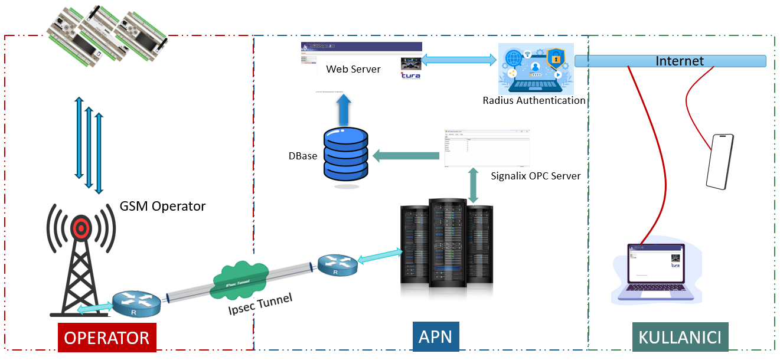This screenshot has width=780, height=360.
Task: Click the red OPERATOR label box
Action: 107,338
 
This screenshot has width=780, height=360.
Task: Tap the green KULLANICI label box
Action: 680,338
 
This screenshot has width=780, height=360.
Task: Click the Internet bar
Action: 670,61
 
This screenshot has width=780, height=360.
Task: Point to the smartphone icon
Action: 720,162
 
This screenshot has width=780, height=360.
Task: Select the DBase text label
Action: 303,156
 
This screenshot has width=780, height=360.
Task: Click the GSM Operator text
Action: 162,206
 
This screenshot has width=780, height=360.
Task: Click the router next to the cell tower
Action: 136,303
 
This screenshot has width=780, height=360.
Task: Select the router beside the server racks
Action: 337,264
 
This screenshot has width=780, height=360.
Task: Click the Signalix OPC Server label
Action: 536,176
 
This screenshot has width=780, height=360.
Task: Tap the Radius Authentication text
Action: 534,100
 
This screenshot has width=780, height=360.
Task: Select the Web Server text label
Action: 353,69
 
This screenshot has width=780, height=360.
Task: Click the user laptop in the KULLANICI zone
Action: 655,273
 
